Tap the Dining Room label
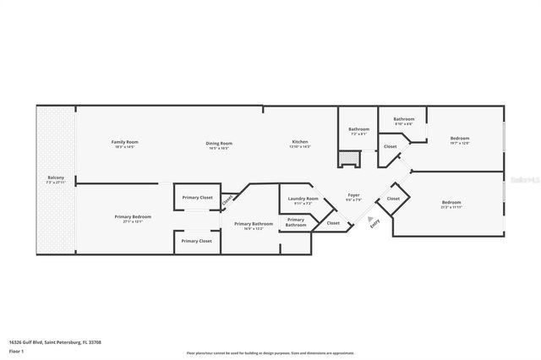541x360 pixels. [x=218, y=144]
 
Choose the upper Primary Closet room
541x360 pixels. [x=199, y=198]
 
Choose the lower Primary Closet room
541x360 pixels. [x=199, y=241]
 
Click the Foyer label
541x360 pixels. [x=353, y=196]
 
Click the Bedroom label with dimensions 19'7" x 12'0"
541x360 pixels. [x=460, y=139]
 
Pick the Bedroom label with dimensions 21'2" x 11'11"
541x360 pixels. [x=451, y=203]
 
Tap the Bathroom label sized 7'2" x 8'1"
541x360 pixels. [x=358, y=130]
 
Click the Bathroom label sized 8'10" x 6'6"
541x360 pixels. [x=403, y=120]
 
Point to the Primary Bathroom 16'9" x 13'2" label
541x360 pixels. [x=254, y=225]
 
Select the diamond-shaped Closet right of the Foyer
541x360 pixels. [x=393, y=199]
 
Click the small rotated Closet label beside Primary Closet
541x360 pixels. [x=227, y=201]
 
